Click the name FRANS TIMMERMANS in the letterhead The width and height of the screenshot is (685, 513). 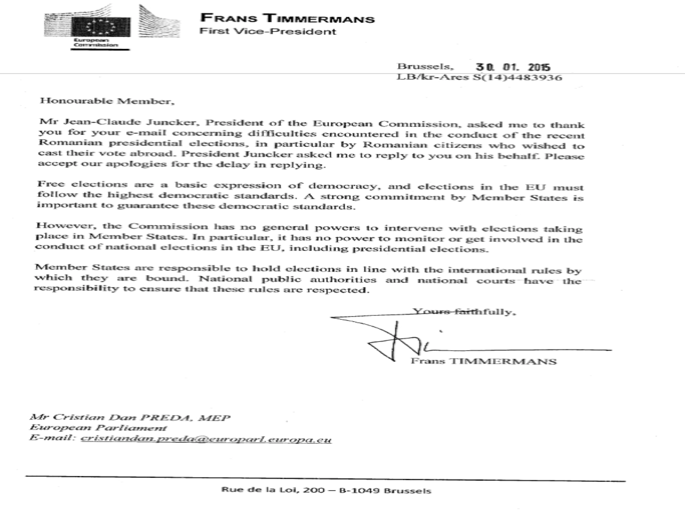[287, 18]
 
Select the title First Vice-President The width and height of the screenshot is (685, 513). [268, 31]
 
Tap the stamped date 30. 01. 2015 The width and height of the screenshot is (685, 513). [513, 67]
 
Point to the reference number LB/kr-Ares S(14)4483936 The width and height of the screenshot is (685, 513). [479, 77]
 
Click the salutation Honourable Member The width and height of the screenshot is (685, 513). [107, 101]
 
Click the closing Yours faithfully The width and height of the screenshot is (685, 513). [464, 312]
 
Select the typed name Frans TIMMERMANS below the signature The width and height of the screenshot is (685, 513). [483, 361]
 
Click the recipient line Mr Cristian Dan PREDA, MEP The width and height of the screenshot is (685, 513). [130, 417]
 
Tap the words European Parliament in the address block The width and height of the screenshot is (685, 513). [98, 428]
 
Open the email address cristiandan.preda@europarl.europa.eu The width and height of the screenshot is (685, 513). [206, 439]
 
